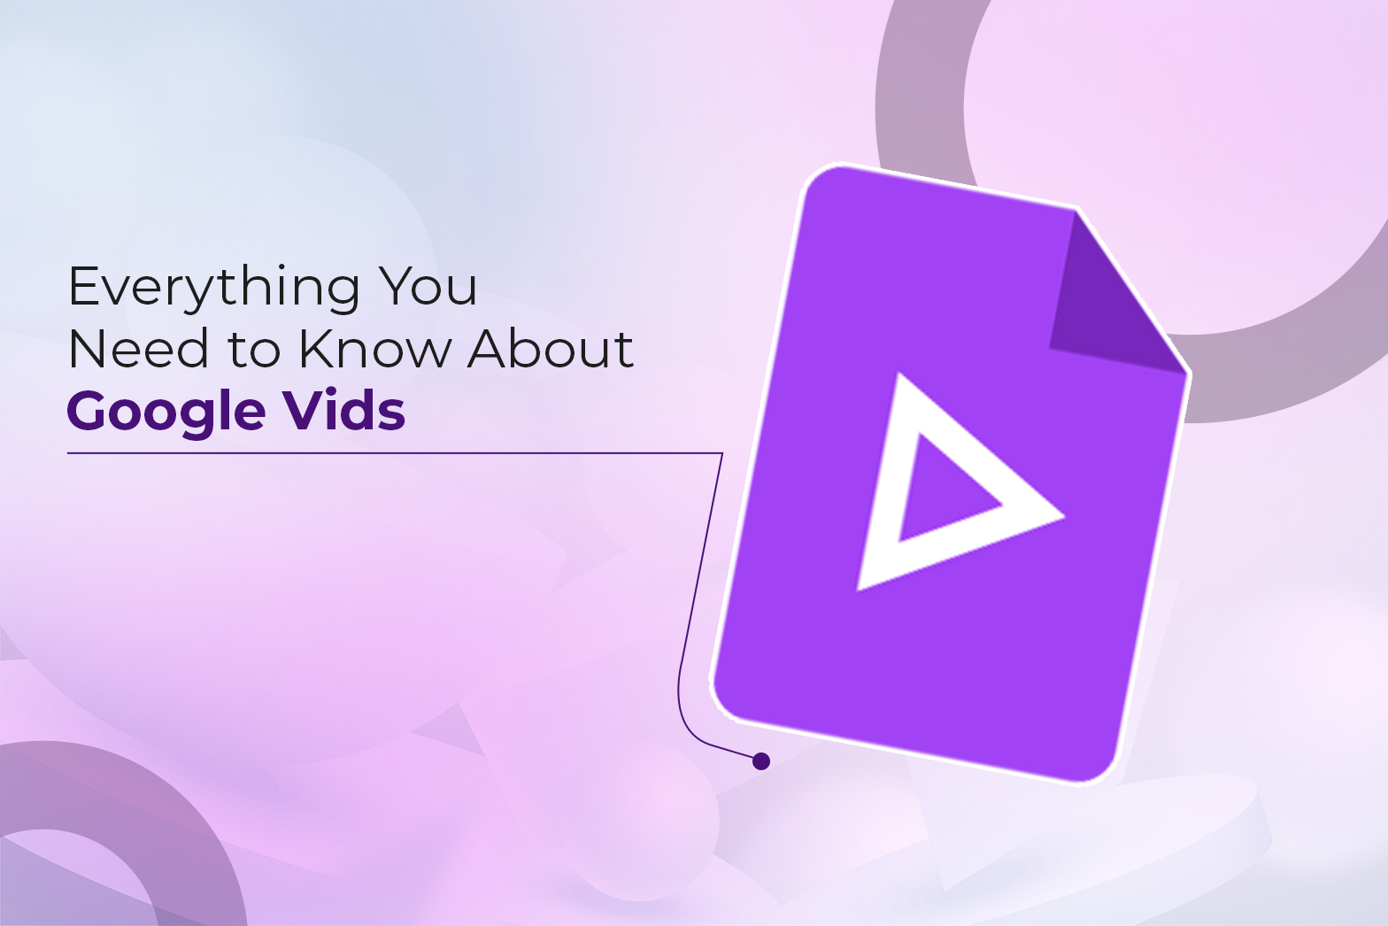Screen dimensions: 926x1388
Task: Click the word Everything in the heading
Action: coord(213,288)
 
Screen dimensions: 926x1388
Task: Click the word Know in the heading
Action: coord(374,349)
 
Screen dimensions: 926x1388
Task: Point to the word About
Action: coord(551,349)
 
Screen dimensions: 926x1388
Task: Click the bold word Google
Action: coord(166,413)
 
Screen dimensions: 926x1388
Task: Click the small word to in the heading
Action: coord(254,351)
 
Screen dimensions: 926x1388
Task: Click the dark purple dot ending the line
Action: coord(761,760)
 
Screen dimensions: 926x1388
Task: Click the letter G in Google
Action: coord(92,411)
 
